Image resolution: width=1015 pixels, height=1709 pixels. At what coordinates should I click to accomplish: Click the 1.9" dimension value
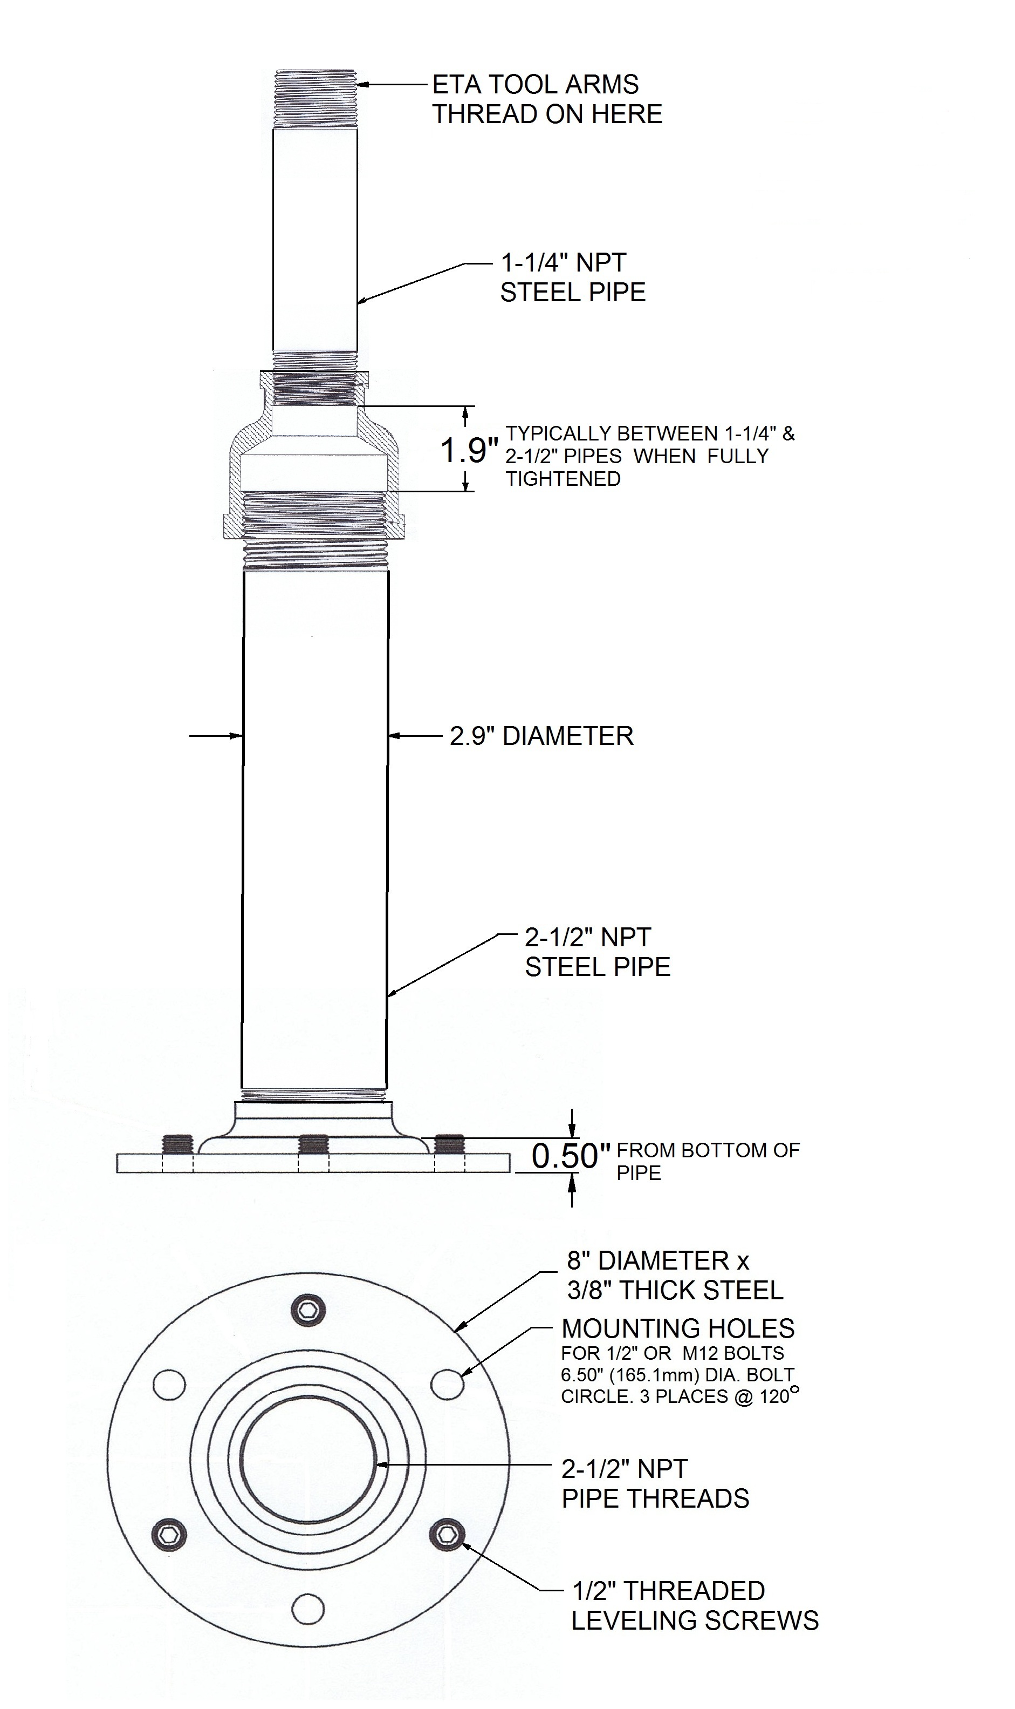[469, 450]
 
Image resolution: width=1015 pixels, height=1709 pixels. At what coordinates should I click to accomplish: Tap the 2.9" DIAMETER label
[541, 736]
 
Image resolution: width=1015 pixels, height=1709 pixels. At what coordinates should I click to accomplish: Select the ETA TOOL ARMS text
[536, 85]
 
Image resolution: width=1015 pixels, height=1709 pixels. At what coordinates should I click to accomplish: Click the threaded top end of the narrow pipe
[316, 99]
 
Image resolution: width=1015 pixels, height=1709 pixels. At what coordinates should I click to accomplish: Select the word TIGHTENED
[564, 479]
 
